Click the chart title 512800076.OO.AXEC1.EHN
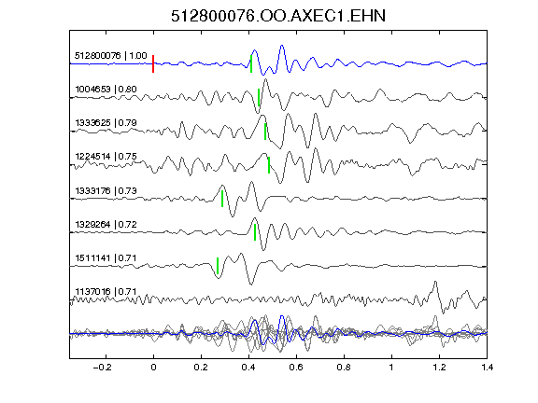point(278,16)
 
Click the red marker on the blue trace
point(153,63)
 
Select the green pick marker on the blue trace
point(251,64)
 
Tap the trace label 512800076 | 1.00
point(111,56)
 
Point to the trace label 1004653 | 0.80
point(106,90)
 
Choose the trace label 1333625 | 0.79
point(106,123)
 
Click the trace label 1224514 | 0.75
point(106,157)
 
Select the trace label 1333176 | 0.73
point(106,190)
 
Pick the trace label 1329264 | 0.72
point(106,225)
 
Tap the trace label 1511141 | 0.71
point(106,258)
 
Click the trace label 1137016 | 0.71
point(106,292)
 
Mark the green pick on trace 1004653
point(259,97)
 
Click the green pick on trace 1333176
point(222,199)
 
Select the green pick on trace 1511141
point(218,266)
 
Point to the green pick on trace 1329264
point(255,232)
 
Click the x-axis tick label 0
point(153,368)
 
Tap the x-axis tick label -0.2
point(102,368)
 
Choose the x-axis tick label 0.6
point(296,368)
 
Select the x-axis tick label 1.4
point(487,368)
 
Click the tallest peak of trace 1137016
point(435,282)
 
